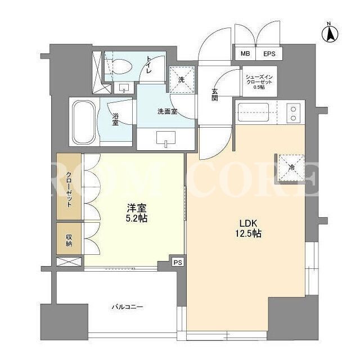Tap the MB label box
pyautogui.click(x=245, y=54)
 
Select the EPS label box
pyautogui.click(x=269, y=54)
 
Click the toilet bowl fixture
pyautogui.click(x=119, y=67)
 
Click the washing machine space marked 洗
pyautogui.click(x=182, y=80)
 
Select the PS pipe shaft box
pyautogui.click(x=178, y=263)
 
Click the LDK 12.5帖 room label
pyautogui.click(x=247, y=228)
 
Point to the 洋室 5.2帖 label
pyautogui.click(x=137, y=213)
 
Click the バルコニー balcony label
pyautogui.click(x=127, y=307)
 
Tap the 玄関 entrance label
pyautogui.click(x=214, y=94)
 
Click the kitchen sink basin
pyautogui.click(x=253, y=112)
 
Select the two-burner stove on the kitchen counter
pyautogui.click(x=293, y=113)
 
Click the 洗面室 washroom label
pyautogui.click(x=167, y=112)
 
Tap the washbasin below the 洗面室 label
pyautogui.click(x=166, y=138)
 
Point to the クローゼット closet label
pyautogui.click(x=69, y=190)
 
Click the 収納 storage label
pyautogui.click(x=69, y=240)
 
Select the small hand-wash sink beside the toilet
pyautogui.click(x=124, y=88)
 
